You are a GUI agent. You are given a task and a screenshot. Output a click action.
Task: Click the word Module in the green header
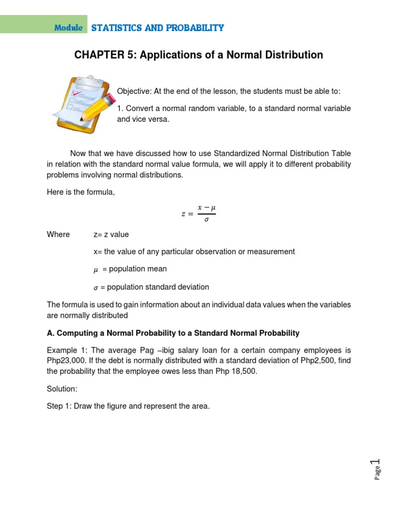click(68, 28)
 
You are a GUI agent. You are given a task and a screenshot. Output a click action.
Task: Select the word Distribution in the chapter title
click(290, 55)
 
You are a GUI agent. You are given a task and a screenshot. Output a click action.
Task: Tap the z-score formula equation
click(198, 213)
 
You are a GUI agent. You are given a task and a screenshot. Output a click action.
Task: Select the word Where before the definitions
click(58, 234)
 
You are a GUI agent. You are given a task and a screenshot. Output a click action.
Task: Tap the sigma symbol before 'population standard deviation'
click(95, 287)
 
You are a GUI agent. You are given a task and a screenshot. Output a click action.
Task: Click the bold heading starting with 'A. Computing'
click(173, 333)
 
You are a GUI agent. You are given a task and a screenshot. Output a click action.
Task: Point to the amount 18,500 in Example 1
click(243, 371)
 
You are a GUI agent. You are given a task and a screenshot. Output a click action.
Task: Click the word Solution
click(62, 388)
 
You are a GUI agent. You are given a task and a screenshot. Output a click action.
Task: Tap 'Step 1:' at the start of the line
click(59, 406)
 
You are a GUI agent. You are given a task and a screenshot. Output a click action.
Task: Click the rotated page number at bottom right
click(377, 469)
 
